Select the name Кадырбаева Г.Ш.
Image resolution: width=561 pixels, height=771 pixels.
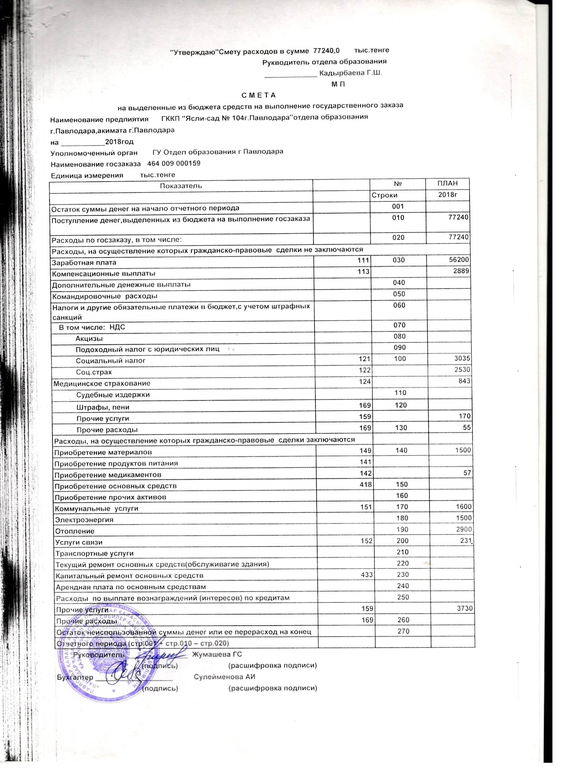tap(351, 73)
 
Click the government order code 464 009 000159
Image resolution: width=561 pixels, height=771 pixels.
tap(174, 164)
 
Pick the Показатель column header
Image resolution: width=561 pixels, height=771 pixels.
tap(181, 186)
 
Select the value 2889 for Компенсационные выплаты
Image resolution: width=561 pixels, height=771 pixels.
tap(461, 271)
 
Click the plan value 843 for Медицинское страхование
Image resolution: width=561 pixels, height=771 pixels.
tap(464, 381)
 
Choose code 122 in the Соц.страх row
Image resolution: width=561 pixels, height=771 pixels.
tap(365, 370)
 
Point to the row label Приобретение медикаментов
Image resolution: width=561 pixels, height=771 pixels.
tap(108, 475)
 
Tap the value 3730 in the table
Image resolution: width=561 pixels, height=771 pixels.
tap(463, 608)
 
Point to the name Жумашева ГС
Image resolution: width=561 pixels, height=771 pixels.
tap(217, 654)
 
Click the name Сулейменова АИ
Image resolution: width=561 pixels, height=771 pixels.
tap(224, 677)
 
